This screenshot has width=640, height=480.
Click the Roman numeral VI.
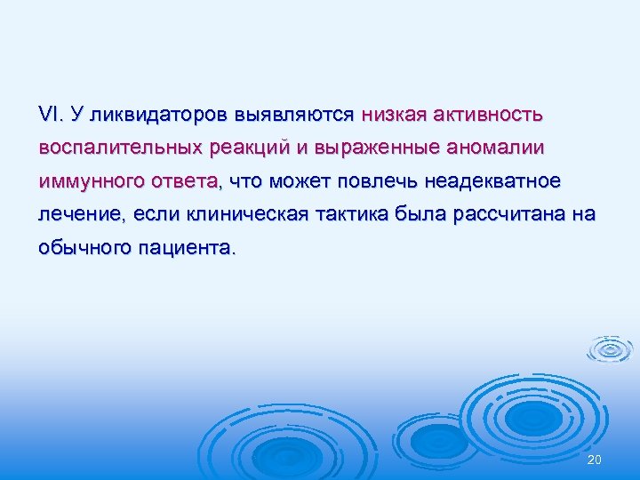point(50,114)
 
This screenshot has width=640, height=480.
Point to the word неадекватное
point(493,180)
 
